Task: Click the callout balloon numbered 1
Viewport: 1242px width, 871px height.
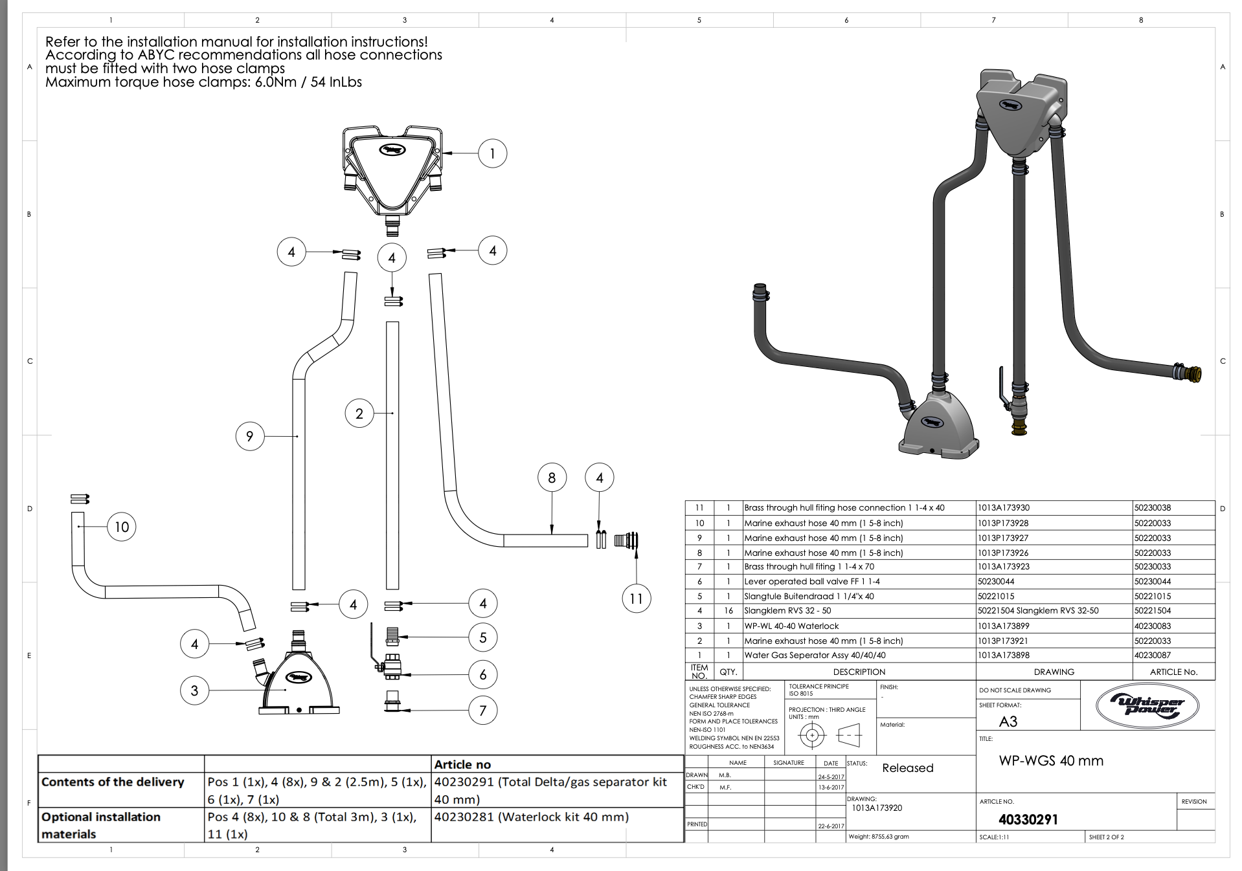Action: [x=492, y=153]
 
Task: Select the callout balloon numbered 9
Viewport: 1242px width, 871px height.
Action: [x=250, y=436]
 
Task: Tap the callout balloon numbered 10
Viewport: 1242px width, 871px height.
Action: [x=122, y=527]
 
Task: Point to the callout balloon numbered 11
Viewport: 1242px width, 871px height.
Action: [x=636, y=599]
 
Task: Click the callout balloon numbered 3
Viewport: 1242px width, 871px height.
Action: [x=194, y=690]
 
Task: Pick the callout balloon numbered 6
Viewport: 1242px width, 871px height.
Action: [x=483, y=674]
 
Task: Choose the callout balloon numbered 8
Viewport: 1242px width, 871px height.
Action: [x=552, y=478]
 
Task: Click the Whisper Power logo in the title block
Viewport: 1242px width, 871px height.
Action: [x=1147, y=706]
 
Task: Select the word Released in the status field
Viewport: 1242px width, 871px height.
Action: [x=908, y=768]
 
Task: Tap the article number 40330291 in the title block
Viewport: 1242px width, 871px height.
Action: [x=1028, y=819]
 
